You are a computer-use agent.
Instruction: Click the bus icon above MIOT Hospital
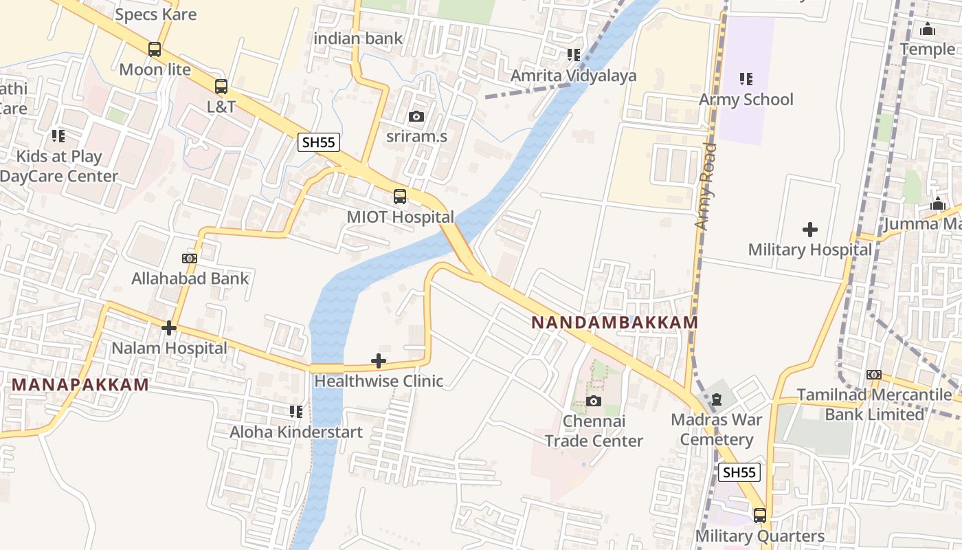pyautogui.click(x=400, y=197)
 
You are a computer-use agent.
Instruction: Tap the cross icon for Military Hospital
pyautogui.click(x=810, y=229)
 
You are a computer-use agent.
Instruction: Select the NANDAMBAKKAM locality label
pyautogui.click(x=614, y=322)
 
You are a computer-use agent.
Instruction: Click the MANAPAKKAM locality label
pyautogui.click(x=80, y=384)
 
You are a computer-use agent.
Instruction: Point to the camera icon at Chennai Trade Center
pyautogui.click(x=594, y=401)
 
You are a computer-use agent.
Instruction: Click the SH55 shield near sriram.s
pyautogui.click(x=319, y=142)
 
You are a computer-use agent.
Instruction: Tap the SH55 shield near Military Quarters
pyautogui.click(x=739, y=472)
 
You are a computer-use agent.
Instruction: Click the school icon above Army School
pyautogui.click(x=746, y=79)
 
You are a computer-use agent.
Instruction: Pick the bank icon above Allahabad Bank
pyautogui.click(x=190, y=258)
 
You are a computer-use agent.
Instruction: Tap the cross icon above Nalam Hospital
pyautogui.click(x=169, y=328)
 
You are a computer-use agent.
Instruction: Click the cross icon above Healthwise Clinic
pyautogui.click(x=379, y=360)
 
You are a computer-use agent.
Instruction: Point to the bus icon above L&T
pyautogui.click(x=221, y=87)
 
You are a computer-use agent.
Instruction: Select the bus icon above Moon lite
pyautogui.click(x=155, y=49)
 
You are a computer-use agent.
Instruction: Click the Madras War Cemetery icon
pyautogui.click(x=717, y=399)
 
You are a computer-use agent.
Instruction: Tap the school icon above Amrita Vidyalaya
pyautogui.click(x=574, y=55)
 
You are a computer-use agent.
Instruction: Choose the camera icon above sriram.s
pyautogui.click(x=416, y=116)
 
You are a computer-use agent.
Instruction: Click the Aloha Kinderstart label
pyautogui.click(x=296, y=432)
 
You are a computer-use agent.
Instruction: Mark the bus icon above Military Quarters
pyautogui.click(x=760, y=515)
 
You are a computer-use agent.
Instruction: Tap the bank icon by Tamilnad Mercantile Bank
pyautogui.click(x=874, y=375)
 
